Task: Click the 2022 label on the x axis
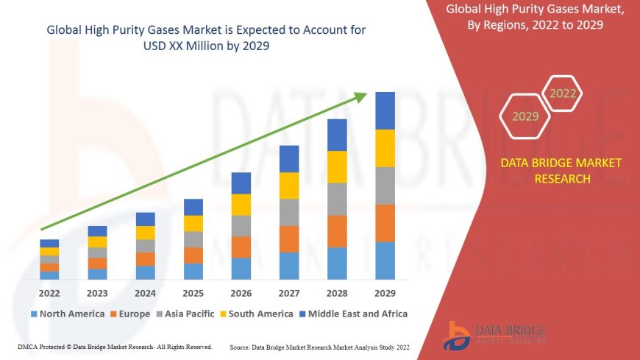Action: (x=49, y=292)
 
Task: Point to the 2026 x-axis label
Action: (x=241, y=292)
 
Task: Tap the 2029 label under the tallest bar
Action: (x=385, y=292)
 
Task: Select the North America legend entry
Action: (x=67, y=314)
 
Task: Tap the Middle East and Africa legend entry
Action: (x=354, y=314)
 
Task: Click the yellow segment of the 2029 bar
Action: (x=385, y=148)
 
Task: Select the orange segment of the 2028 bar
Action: (x=337, y=231)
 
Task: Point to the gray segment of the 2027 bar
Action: (x=289, y=212)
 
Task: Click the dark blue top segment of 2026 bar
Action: (x=241, y=183)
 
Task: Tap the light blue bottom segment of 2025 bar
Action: (x=193, y=272)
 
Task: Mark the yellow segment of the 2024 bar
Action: (x=146, y=233)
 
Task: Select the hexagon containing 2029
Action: (x=525, y=116)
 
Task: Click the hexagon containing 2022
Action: (x=563, y=93)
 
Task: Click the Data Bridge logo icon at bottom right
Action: (x=460, y=335)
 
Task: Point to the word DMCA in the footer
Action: (x=29, y=346)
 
